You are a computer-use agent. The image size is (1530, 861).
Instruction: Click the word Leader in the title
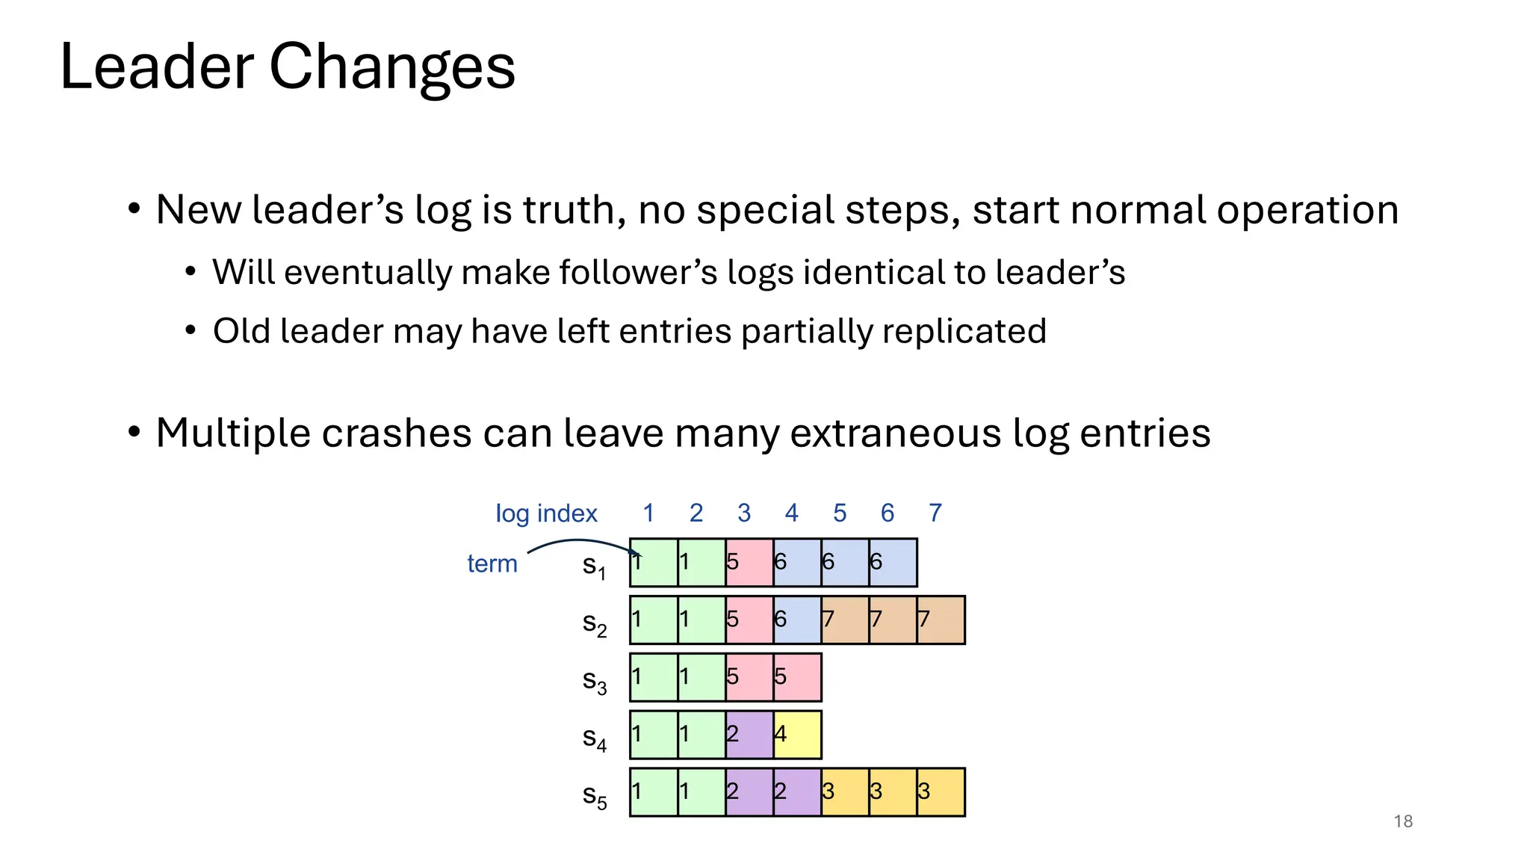point(157,67)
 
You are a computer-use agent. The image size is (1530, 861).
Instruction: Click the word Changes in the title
point(391,67)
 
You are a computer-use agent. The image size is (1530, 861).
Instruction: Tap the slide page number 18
point(1403,821)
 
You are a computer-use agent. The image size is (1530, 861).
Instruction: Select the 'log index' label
point(546,513)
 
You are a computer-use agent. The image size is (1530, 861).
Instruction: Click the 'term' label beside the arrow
point(492,564)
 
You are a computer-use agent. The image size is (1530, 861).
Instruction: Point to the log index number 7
point(935,513)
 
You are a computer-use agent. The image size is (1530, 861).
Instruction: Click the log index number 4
point(791,513)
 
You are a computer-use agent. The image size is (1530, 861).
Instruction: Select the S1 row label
point(594,566)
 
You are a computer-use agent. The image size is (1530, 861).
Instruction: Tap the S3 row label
point(594,681)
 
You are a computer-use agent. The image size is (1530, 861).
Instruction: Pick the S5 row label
point(594,796)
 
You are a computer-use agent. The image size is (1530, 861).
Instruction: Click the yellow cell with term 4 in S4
point(797,735)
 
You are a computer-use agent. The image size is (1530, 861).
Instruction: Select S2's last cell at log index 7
point(941,620)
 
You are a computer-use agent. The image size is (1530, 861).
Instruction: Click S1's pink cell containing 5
point(749,562)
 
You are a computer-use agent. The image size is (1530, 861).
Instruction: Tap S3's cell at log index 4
point(797,677)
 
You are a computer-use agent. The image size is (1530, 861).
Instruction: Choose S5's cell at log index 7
point(941,792)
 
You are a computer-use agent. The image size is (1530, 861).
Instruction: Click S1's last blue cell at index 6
point(893,562)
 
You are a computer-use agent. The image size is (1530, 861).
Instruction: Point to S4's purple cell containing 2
point(749,735)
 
